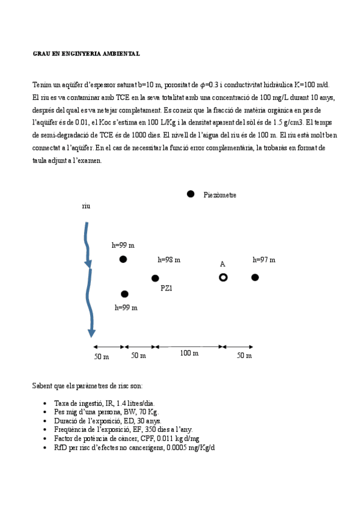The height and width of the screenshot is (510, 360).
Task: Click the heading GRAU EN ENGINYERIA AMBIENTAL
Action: point(86,54)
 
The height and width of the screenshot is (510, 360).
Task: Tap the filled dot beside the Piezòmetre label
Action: point(191,194)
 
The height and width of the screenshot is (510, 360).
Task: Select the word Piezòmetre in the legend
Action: point(220,195)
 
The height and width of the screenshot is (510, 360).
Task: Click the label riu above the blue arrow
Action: point(86,206)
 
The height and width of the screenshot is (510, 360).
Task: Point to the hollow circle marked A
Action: point(223,277)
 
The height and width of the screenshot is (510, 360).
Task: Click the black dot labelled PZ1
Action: point(155,278)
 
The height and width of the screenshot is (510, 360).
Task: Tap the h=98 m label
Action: point(169,260)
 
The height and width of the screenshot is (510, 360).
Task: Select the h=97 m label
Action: point(264,260)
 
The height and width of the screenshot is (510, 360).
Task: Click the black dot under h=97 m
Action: point(255,277)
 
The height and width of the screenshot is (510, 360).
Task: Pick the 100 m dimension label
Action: point(189,353)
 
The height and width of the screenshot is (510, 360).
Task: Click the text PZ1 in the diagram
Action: point(166,288)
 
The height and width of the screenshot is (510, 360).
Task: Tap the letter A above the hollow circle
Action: point(222,264)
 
